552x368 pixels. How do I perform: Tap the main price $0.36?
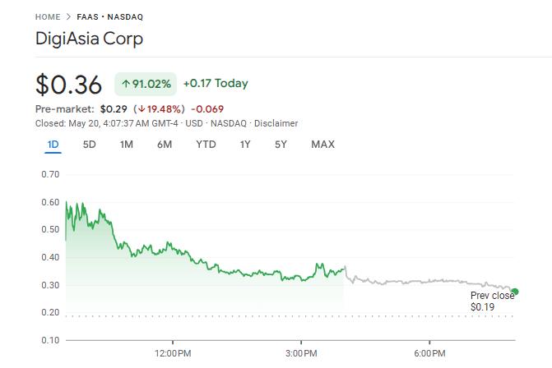pyautogui.click(x=68, y=85)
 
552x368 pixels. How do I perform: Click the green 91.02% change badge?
pyautogui.click(x=146, y=84)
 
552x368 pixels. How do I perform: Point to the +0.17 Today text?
pyautogui.click(x=215, y=84)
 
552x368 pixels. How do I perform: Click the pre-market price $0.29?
pyautogui.click(x=114, y=108)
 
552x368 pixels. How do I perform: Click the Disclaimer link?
pyautogui.click(x=276, y=123)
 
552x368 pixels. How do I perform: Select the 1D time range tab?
pyautogui.click(x=53, y=145)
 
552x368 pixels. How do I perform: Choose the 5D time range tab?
pyautogui.click(x=89, y=145)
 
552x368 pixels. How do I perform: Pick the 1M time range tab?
pyautogui.click(x=126, y=145)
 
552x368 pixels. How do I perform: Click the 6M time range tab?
pyautogui.click(x=165, y=145)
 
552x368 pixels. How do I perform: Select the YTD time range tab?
pyautogui.click(x=206, y=145)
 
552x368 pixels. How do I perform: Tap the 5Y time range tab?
pyautogui.click(x=281, y=145)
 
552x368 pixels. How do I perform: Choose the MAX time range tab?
pyautogui.click(x=322, y=145)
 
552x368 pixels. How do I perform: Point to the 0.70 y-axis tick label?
pyautogui.click(x=50, y=174)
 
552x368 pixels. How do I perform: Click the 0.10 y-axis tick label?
pyautogui.click(x=50, y=340)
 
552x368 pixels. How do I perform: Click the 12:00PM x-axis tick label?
pyautogui.click(x=173, y=353)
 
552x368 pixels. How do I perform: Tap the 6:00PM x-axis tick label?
pyautogui.click(x=429, y=353)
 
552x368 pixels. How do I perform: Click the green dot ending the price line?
pyautogui.click(x=515, y=291)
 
